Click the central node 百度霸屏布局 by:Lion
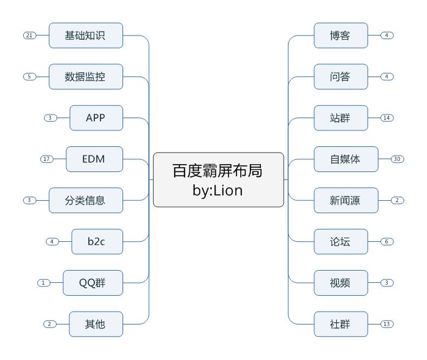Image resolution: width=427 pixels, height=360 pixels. (218, 179)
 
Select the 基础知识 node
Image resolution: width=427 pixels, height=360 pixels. (86, 36)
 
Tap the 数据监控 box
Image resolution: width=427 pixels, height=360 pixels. (86, 77)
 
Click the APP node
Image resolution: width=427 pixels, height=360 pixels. (96, 118)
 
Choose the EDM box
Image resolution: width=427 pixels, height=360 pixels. (93, 159)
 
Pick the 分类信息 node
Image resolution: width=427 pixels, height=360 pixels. (86, 200)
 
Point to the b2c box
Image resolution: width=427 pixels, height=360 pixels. (97, 241)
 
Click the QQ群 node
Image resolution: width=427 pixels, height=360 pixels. (93, 283)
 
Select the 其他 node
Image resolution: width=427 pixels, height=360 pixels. (96, 324)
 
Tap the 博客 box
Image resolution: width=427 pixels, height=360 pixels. (341, 36)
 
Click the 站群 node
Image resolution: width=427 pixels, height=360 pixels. (341, 118)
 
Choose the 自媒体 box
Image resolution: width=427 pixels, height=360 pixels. (346, 159)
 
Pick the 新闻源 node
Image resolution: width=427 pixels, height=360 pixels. (346, 200)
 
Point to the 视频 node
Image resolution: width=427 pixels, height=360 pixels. (341, 283)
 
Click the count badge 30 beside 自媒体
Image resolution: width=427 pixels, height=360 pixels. (398, 159)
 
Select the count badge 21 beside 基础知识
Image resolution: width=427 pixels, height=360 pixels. (29, 36)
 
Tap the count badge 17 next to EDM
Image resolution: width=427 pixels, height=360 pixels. (47, 159)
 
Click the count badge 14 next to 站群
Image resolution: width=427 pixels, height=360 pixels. (387, 118)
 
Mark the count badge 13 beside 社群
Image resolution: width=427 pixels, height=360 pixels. (387, 324)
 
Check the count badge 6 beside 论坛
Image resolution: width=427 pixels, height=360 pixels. (387, 241)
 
